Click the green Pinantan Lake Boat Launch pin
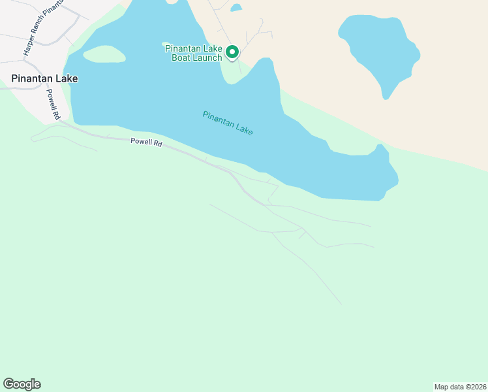[232, 52]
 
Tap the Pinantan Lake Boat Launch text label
[194, 53]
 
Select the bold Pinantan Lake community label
[44, 78]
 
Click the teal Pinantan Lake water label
[227, 123]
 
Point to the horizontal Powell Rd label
[146, 141]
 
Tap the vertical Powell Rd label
[53, 104]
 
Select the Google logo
[22, 384]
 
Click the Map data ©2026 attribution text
[460, 387]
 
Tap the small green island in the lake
[104, 54]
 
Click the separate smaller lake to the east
[376, 51]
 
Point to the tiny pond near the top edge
[236, 8]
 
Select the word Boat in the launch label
[181, 57]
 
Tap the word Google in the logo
[22, 384]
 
